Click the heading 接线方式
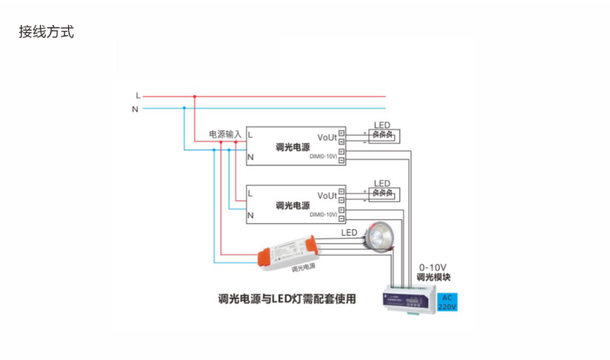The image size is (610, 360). [x=46, y=32]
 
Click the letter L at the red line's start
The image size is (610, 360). [x=137, y=96]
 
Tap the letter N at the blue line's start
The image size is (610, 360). [x=135, y=109]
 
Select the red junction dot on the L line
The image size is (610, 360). [x=194, y=96]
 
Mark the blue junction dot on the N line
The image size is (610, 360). [x=183, y=109]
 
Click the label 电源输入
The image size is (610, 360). [x=225, y=135]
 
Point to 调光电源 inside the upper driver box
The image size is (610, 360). [x=292, y=147]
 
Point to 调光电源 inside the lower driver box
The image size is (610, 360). [x=292, y=205]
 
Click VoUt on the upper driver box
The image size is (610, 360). [x=326, y=137]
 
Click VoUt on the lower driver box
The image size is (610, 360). [x=326, y=196]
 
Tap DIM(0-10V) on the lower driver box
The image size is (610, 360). [x=323, y=215]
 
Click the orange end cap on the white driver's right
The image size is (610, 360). [x=313, y=244]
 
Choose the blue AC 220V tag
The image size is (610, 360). [x=447, y=302]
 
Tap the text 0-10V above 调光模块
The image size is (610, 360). [x=432, y=267]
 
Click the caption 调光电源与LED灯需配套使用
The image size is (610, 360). [x=287, y=300]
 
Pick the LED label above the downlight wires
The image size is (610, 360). [x=348, y=233]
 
